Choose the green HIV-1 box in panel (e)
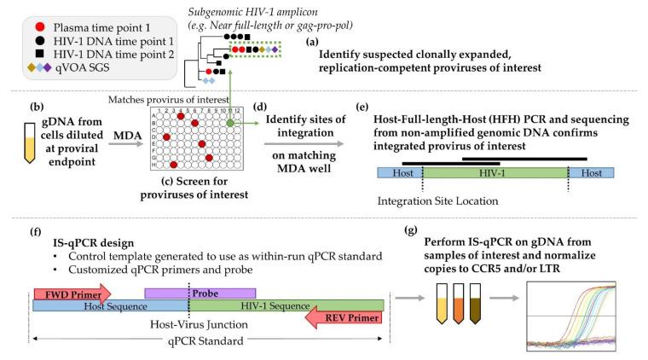(495, 173)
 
